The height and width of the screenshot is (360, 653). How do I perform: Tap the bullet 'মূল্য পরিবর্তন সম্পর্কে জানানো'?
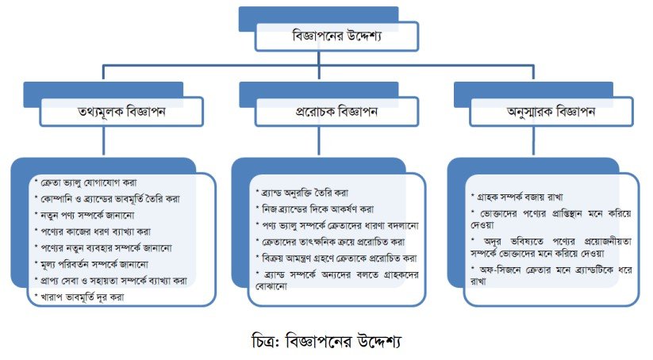click(92, 263)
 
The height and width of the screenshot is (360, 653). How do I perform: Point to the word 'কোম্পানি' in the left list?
click(58, 198)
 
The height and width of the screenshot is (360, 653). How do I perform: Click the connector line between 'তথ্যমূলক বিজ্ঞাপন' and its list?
click(104, 144)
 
